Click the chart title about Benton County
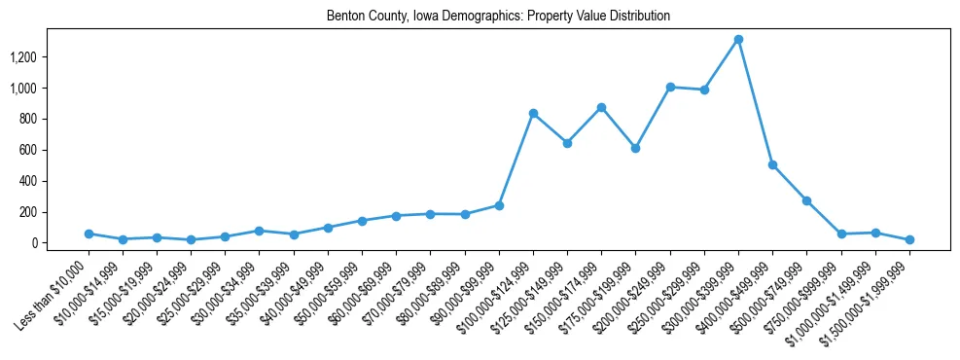[498, 17]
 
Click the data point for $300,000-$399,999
[738, 40]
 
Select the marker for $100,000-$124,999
[533, 114]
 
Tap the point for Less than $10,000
[89, 234]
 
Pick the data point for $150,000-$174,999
[601, 107]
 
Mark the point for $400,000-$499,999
[772, 165]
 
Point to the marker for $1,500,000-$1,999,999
[909, 239]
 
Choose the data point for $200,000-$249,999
[670, 88]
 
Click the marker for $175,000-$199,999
[635, 148]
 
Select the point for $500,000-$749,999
[806, 200]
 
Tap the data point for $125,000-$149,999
[567, 143]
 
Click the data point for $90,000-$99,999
[499, 205]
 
